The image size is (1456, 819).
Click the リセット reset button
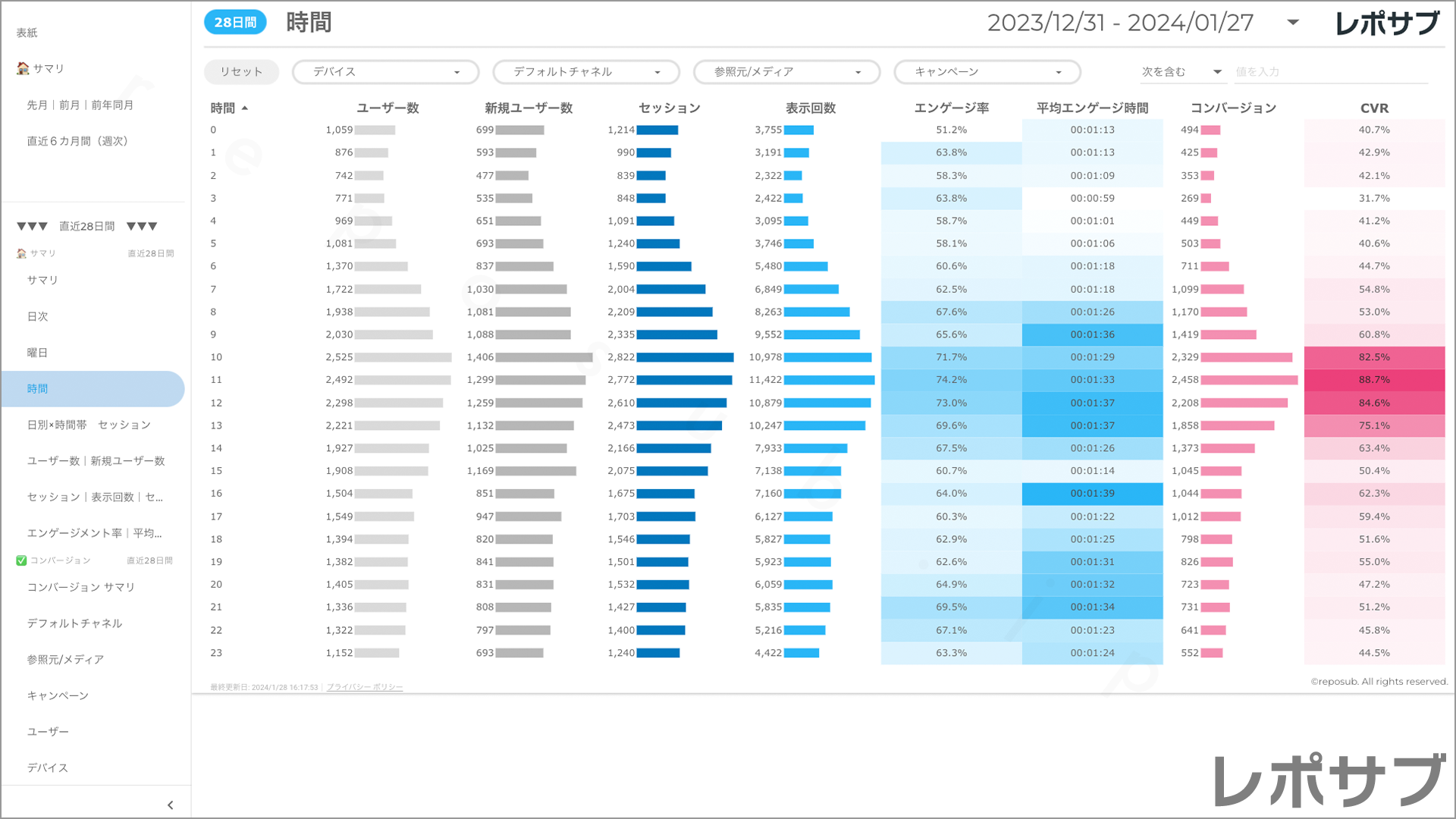point(241,72)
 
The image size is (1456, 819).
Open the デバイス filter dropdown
point(385,72)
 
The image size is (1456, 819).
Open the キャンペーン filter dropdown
point(987,72)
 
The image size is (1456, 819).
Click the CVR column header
point(1374,108)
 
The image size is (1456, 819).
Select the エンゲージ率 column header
point(951,108)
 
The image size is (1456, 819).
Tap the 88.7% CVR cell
point(1374,380)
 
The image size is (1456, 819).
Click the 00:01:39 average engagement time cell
point(1092,494)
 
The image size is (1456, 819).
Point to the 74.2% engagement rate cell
point(951,380)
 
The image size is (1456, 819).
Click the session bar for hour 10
point(685,357)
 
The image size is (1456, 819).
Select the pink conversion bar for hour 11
point(1249,380)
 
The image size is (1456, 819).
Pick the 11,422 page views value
point(765,380)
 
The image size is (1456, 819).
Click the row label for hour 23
point(216,653)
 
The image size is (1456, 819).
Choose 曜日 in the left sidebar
point(38,353)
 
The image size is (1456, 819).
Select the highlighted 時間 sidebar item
point(38,389)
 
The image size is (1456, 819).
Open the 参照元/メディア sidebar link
point(65,660)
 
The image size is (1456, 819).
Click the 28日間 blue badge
point(235,23)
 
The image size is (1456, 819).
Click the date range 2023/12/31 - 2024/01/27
point(1120,23)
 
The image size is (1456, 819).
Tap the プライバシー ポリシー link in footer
point(365,688)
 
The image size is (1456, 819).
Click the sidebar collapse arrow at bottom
point(170,805)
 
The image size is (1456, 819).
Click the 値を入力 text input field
point(1330,72)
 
